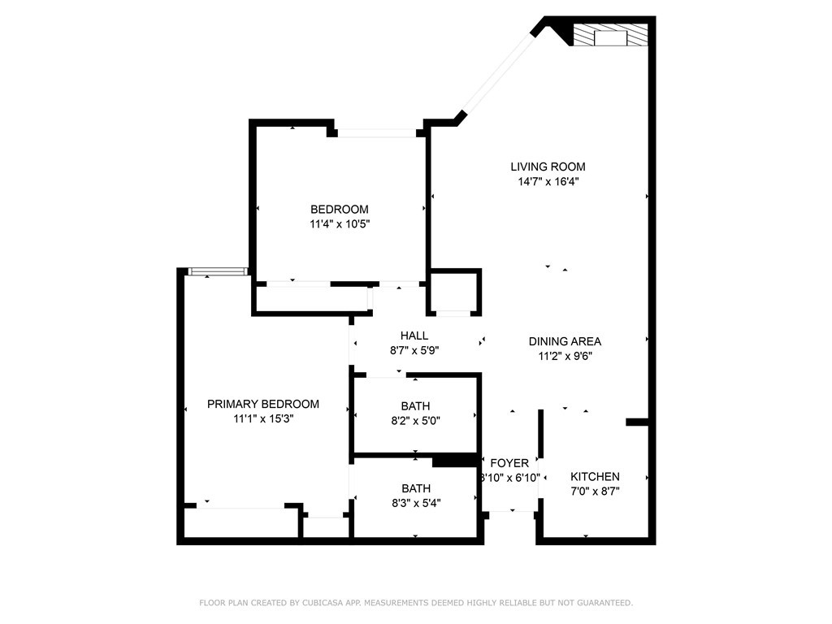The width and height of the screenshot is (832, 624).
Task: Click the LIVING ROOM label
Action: pyautogui.click(x=548, y=167)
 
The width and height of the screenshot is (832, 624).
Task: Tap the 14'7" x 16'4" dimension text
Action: pyautogui.click(x=548, y=181)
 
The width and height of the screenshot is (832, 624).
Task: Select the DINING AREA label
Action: pyautogui.click(x=565, y=341)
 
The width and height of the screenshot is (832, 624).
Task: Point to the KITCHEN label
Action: pyautogui.click(x=595, y=476)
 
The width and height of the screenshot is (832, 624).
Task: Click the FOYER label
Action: pyautogui.click(x=509, y=463)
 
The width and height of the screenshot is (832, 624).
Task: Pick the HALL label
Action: pyautogui.click(x=414, y=336)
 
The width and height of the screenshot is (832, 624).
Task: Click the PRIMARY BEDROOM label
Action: pyautogui.click(x=263, y=404)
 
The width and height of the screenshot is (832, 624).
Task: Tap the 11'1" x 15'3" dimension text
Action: pyautogui.click(x=263, y=418)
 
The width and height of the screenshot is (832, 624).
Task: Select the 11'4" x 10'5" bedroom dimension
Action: pyautogui.click(x=340, y=224)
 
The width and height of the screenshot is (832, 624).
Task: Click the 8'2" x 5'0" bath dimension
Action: pyautogui.click(x=415, y=421)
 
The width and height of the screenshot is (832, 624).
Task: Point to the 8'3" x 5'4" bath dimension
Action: pyautogui.click(x=416, y=503)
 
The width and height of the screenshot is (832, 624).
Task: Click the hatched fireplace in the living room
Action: pyautogui.click(x=610, y=34)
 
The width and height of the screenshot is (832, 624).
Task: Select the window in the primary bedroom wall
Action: pyautogui.click(x=218, y=271)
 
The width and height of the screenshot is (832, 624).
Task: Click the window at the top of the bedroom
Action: pyautogui.click(x=377, y=133)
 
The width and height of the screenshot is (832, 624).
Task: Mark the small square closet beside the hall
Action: pyautogui.click(x=455, y=292)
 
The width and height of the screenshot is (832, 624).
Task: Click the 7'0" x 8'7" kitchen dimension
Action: pyautogui.click(x=595, y=492)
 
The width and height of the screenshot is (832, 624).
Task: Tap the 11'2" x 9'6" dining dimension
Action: pyautogui.click(x=565, y=356)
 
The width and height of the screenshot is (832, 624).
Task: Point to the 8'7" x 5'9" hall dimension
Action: pyautogui.click(x=414, y=350)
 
